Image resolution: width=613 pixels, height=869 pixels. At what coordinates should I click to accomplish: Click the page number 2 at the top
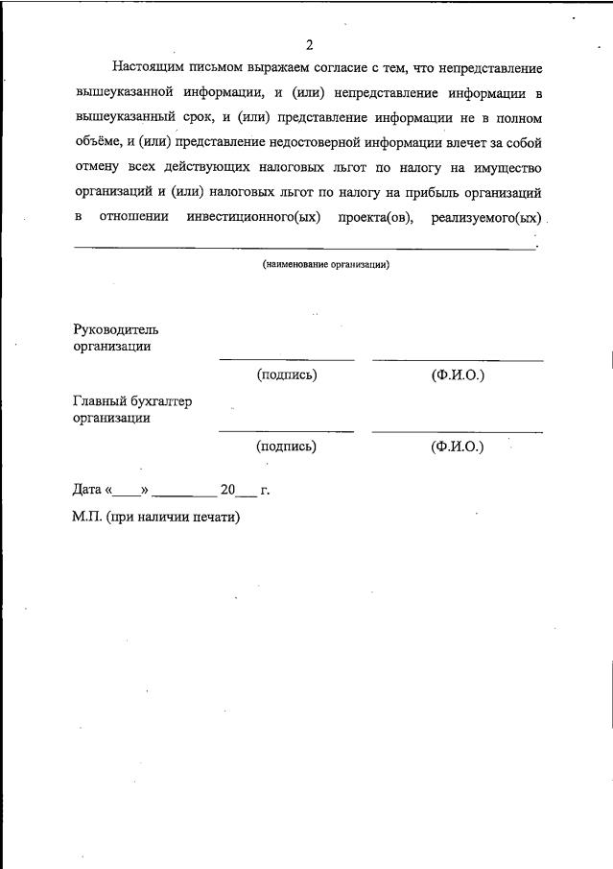tap(309, 45)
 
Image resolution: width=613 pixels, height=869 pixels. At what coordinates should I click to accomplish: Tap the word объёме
tap(98, 143)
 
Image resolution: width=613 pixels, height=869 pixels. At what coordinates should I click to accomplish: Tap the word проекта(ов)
tap(375, 217)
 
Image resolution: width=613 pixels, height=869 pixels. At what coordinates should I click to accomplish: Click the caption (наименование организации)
tap(326, 264)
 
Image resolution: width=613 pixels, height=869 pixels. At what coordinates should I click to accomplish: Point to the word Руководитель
tap(116, 329)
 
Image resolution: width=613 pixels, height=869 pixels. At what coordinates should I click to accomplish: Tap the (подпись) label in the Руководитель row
tap(286, 374)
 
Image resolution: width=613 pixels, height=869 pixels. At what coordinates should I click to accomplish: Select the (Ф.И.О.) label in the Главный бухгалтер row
tap(458, 446)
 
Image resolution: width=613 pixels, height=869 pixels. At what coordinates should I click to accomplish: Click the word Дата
tap(89, 490)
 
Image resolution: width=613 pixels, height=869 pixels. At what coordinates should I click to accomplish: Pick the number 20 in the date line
tap(227, 490)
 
